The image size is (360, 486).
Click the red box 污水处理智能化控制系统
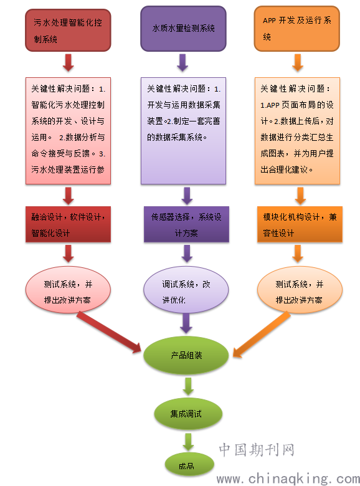point(68,30)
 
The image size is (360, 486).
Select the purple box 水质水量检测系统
point(183,29)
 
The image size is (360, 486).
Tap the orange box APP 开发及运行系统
point(297,29)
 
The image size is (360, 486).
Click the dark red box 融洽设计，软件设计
point(68,224)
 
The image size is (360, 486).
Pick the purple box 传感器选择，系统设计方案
point(186,224)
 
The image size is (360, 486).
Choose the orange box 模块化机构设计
point(300,224)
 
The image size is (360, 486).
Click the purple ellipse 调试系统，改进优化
point(186,290)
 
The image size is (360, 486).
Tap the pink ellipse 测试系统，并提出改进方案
point(68,290)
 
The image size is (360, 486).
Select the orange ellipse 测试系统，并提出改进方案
point(300,290)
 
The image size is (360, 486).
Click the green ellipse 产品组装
point(186,355)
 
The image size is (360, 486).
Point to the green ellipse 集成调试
point(188,414)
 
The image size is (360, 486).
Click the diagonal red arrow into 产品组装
point(109,333)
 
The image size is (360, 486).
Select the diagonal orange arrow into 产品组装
point(262,335)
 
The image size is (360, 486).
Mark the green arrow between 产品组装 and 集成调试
point(188,386)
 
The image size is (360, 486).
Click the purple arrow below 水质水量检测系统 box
point(182,63)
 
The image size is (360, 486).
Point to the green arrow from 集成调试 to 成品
point(188,442)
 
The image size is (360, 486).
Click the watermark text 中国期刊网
point(257,450)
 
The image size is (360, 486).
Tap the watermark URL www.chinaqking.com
point(288,479)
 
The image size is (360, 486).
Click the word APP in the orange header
point(269,21)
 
